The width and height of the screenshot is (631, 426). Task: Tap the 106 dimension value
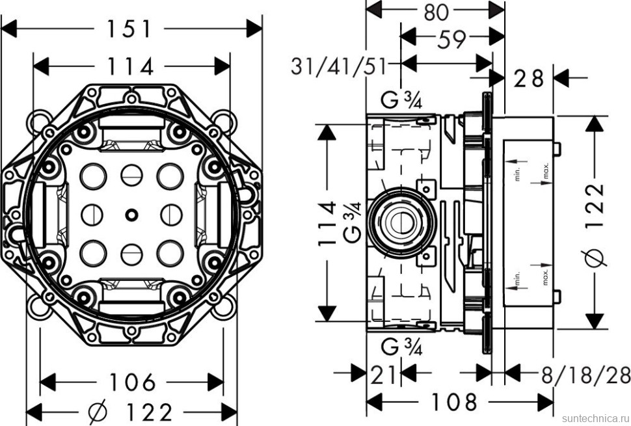click(x=132, y=382)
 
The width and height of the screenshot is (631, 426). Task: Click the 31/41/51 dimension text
click(x=339, y=66)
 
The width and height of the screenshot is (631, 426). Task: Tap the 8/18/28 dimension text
click(x=585, y=375)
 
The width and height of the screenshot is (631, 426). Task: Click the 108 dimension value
click(x=453, y=402)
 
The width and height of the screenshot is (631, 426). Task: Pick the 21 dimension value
click(x=383, y=375)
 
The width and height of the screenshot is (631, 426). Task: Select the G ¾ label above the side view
click(x=401, y=101)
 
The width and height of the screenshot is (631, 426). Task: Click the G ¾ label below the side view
click(x=401, y=347)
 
